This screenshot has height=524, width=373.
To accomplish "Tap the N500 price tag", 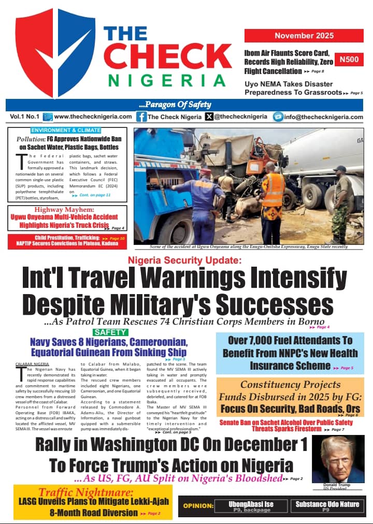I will [x=349, y=61].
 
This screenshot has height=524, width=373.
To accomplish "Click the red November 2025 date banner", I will [x=304, y=36].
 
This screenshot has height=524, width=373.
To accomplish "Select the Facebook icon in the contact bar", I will [x=141, y=117].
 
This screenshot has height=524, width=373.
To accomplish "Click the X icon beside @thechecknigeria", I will [x=209, y=117].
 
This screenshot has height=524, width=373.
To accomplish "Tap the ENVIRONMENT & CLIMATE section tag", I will [x=66, y=130].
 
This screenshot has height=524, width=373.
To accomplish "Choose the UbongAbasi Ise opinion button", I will [x=251, y=506].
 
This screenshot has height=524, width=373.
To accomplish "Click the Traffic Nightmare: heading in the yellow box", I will [x=85, y=492].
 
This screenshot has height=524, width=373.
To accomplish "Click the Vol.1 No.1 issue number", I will [x=24, y=117].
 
